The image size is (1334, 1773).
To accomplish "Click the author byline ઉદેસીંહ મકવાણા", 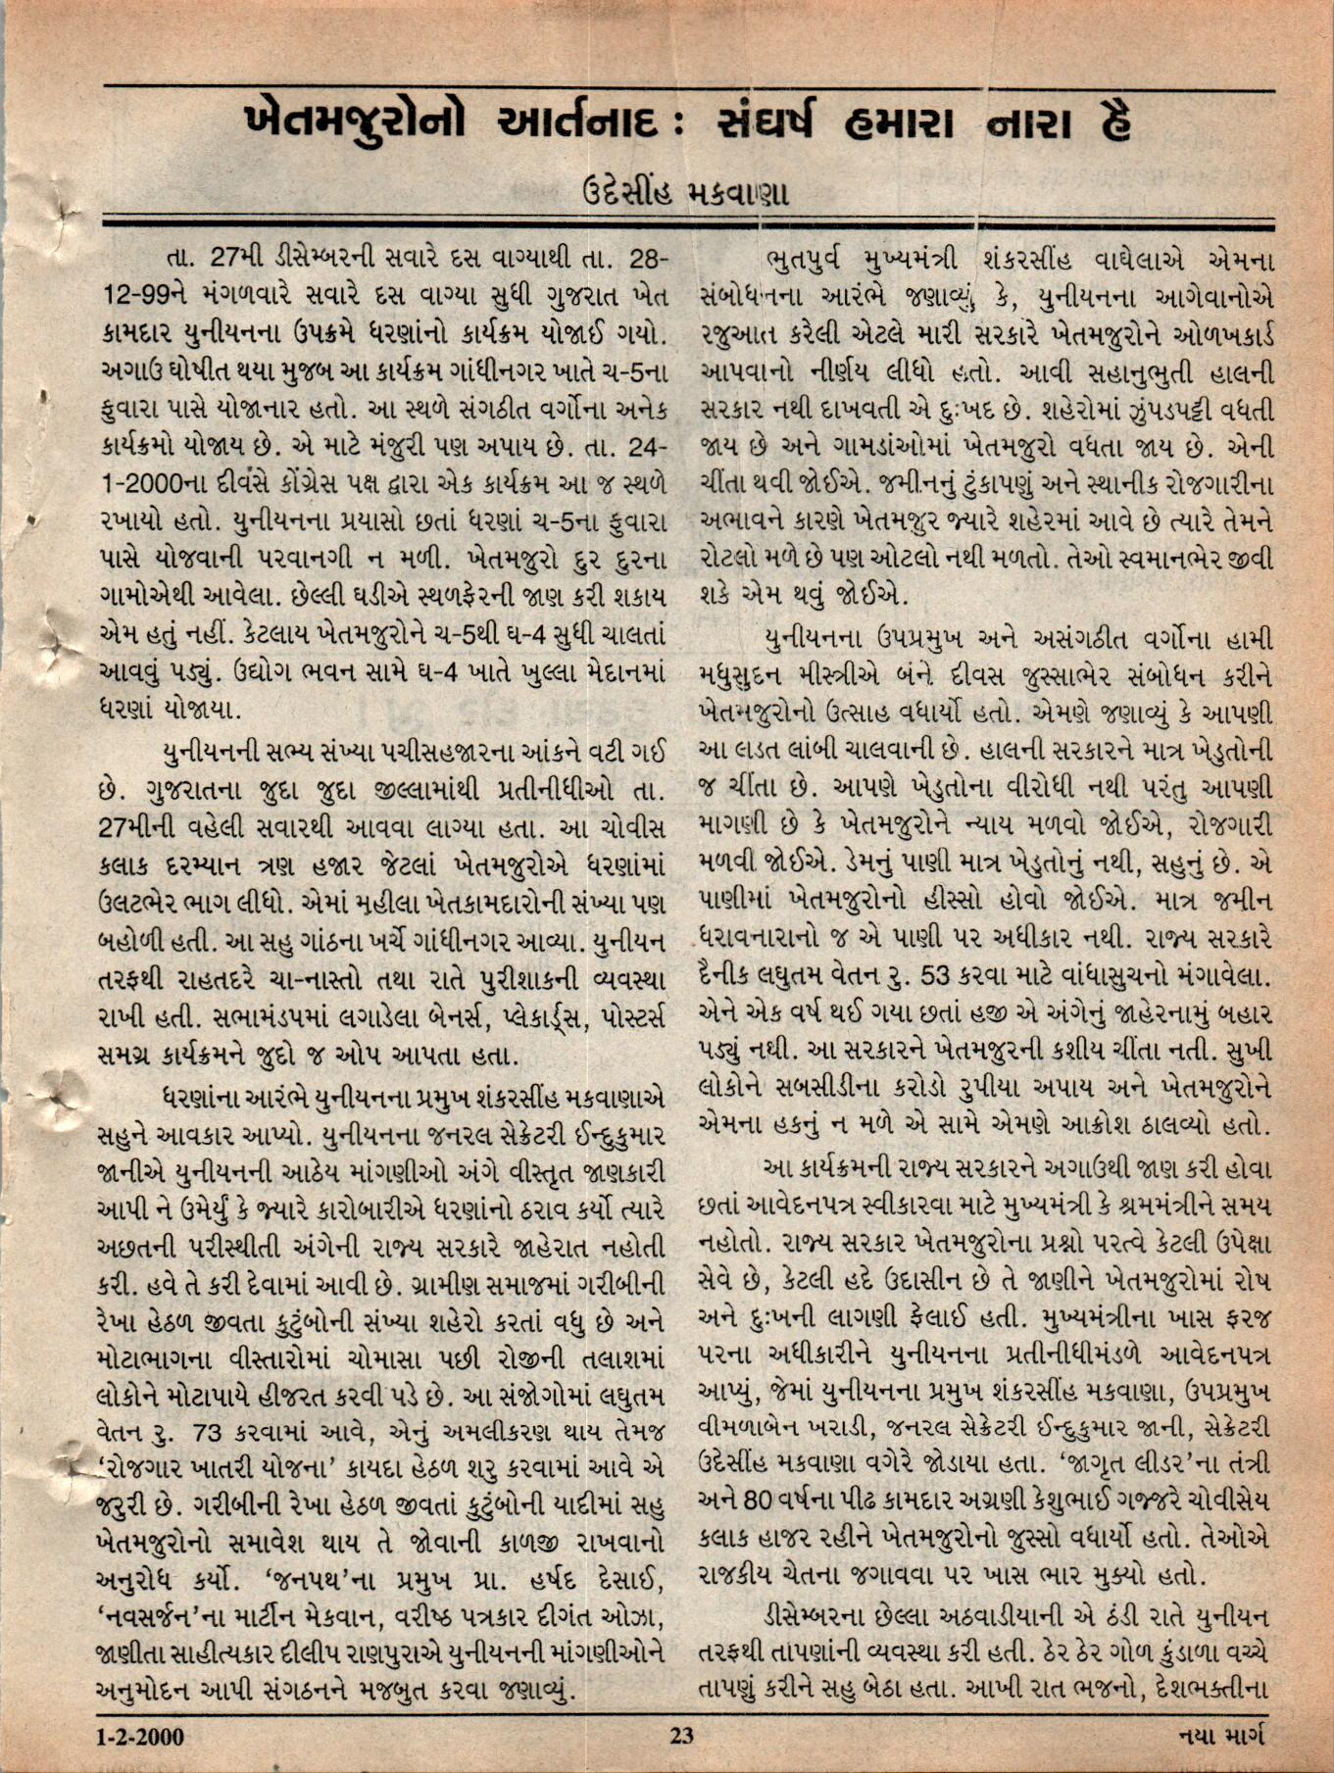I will tap(686, 191).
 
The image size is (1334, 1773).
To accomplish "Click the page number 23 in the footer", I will tap(681, 1737).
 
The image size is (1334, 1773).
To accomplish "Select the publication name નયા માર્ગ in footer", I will tap(1221, 1737).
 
